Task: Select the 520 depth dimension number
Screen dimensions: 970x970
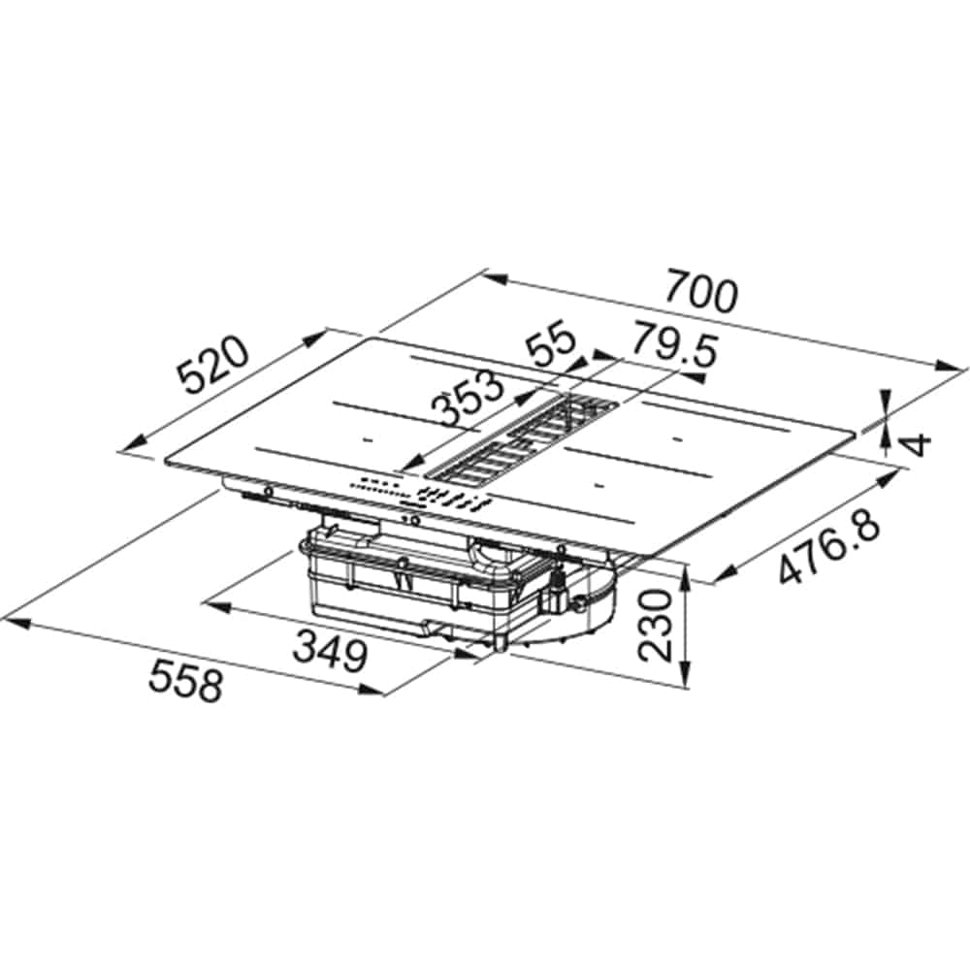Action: pyautogui.click(x=212, y=366)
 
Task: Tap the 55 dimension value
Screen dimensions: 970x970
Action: pyautogui.click(x=553, y=341)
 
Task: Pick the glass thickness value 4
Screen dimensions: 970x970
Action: pyautogui.click(x=918, y=444)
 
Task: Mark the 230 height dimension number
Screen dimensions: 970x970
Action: pyautogui.click(x=655, y=626)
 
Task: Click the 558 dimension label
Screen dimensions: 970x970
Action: pyautogui.click(x=185, y=679)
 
